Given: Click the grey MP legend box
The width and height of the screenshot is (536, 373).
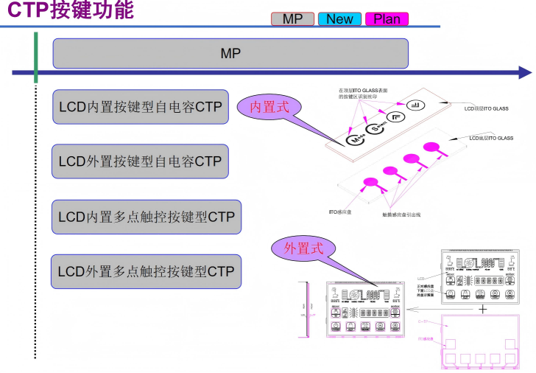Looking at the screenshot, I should click(x=292, y=19).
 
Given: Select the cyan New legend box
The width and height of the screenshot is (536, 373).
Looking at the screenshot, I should click(x=339, y=19).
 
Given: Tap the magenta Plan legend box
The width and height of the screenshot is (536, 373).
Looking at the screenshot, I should click(x=387, y=19).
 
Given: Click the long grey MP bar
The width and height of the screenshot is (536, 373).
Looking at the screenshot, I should click(x=230, y=53).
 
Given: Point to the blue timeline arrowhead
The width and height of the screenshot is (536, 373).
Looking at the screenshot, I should click(x=524, y=72).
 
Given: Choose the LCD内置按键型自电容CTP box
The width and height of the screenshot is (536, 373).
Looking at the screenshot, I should click(x=140, y=108).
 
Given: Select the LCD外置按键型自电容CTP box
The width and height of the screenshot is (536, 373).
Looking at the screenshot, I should click(x=140, y=161).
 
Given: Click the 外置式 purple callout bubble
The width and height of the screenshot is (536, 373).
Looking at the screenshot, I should click(x=303, y=248).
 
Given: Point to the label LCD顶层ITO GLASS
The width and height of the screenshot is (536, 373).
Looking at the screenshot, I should click(x=486, y=108).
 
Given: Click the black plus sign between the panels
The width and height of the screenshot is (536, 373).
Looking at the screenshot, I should click(x=483, y=309).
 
